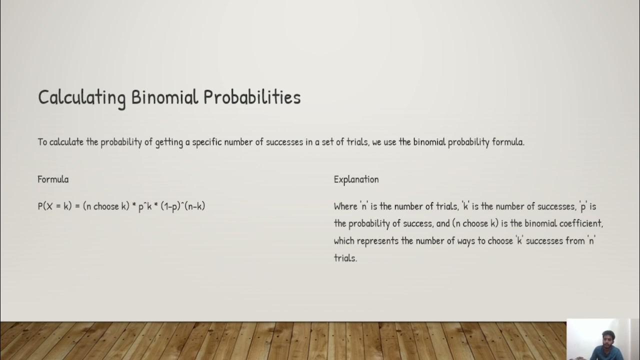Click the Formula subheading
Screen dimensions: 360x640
click(x=53, y=179)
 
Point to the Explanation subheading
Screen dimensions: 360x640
click(x=356, y=179)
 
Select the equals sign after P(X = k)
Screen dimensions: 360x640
click(x=77, y=206)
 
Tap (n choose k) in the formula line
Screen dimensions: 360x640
click(x=106, y=206)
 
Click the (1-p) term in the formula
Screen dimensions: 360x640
click(x=170, y=206)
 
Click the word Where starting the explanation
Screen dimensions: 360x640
click(x=345, y=206)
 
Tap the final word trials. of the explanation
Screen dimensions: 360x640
click(x=345, y=258)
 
